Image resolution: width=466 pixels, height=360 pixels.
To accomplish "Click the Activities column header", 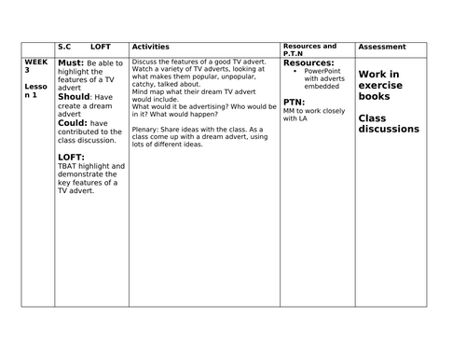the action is (151, 47).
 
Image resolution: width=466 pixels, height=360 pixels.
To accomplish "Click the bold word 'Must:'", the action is (72, 62).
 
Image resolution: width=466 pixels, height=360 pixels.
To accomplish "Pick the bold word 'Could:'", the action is (74, 122).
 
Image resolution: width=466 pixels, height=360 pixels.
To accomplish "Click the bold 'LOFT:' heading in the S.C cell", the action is (72, 157).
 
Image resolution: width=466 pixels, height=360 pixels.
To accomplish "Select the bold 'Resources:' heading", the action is (308, 62).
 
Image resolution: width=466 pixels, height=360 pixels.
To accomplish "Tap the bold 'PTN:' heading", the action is (294, 102).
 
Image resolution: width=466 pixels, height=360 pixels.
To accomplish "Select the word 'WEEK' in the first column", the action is (35, 60).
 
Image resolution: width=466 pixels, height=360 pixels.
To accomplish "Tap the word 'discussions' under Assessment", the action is (391, 129).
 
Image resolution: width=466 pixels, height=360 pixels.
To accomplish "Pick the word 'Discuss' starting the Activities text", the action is (145, 61).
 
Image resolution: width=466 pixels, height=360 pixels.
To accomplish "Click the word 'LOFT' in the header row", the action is (101, 47).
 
